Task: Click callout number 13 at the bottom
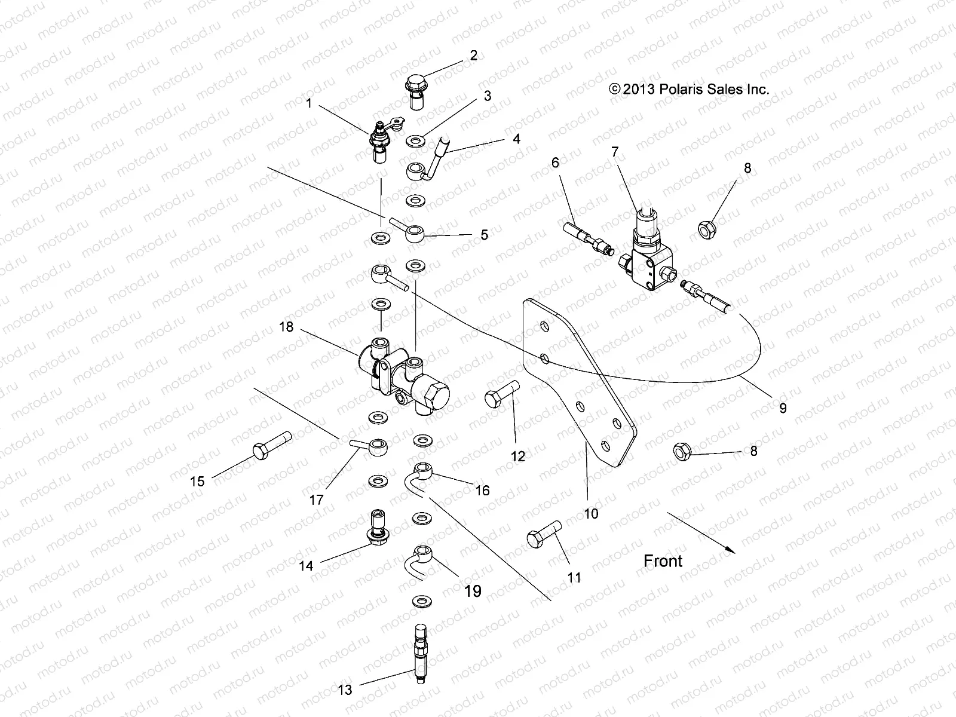[x=345, y=690]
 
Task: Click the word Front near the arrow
[x=663, y=561]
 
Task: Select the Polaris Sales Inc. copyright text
[x=689, y=90]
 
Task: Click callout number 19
[x=472, y=591]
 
